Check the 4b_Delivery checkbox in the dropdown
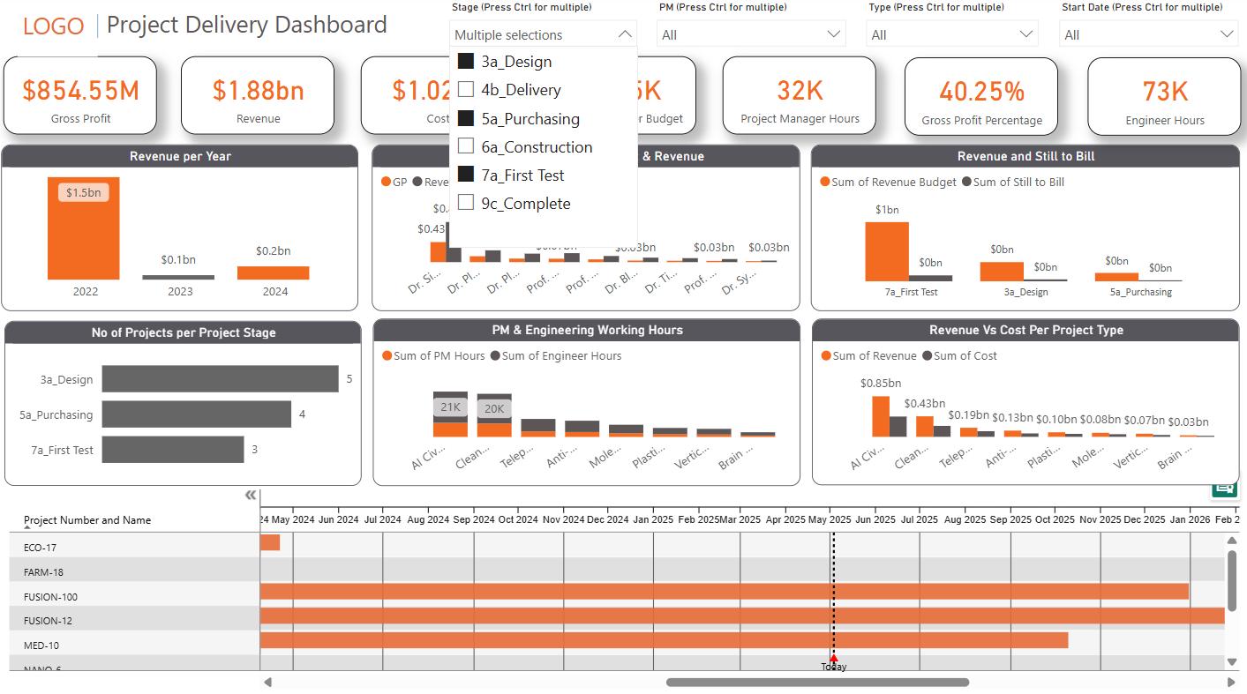(x=466, y=90)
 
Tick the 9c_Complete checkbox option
(x=466, y=204)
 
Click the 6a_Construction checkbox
(x=466, y=147)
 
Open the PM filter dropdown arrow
(x=833, y=34)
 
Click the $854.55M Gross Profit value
(x=80, y=91)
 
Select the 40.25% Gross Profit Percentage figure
(x=981, y=92)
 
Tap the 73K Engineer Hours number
(x=1164, y=92)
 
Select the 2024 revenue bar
(x=273, y=272)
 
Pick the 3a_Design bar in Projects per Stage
(x=220, y=379)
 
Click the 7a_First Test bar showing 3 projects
(x=172, y=450)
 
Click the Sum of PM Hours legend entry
(x=433, y=356)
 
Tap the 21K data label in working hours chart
(x=450, y=407)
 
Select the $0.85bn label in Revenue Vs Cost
(x=880, y=384)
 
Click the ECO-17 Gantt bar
(x=270, y=542)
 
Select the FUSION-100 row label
(x=50, y=597)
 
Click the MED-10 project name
(x=41, y=645)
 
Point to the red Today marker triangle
(x=833, y=658)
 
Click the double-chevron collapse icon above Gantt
(x=251, y=496)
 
